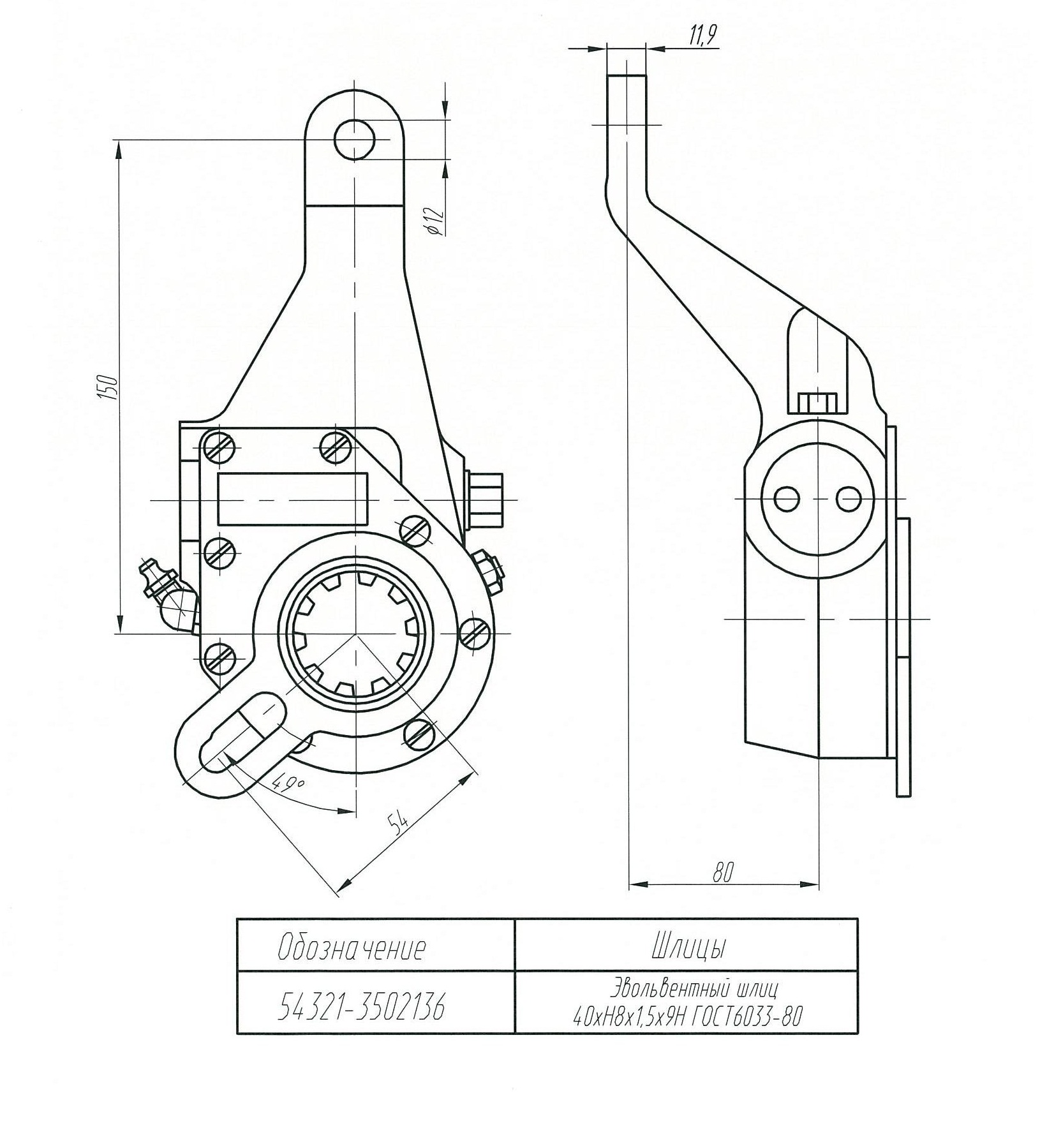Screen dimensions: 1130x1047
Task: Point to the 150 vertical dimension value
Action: tap(109, 387)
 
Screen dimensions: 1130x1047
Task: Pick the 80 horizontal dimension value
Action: tap(723, 872)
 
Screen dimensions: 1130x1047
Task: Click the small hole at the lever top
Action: tap(355, 139)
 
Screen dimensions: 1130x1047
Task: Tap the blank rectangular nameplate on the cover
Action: tap(293, 498)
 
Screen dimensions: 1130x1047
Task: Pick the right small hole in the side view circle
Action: tap(849, 498)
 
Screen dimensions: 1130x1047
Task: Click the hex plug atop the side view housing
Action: tap(817, 403)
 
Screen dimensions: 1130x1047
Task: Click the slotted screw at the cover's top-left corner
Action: tap(218, 445)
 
